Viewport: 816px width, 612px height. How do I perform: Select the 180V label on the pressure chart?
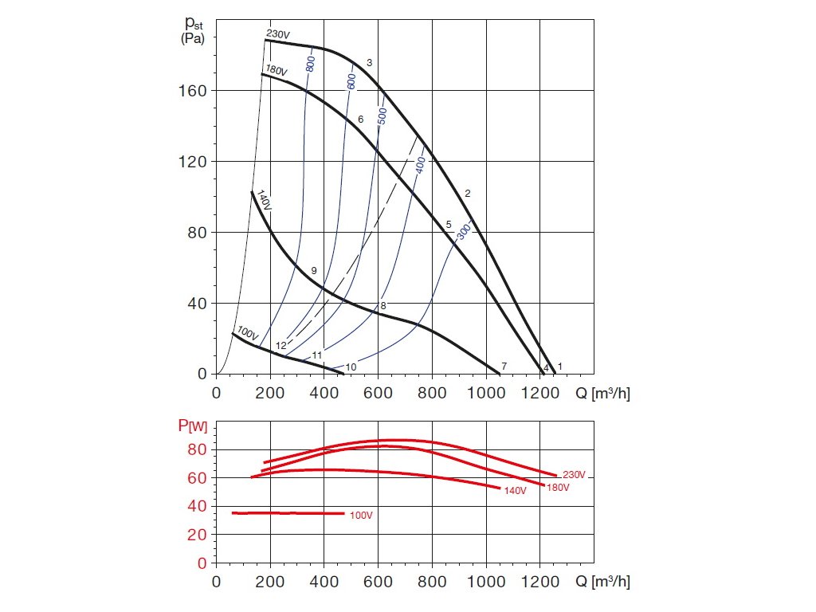pos(276,70)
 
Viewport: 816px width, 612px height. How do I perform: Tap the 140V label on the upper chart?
pos(263,200)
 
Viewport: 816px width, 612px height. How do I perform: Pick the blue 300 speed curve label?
pos(463,230)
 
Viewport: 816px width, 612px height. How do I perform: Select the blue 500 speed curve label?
pos(382,116)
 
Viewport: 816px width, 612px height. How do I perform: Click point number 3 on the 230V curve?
pos(369,62)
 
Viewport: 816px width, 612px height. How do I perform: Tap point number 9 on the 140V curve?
pos(314,271)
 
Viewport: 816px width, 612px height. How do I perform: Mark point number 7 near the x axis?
pos(504,365)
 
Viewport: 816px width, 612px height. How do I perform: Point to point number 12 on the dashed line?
pos(280,346)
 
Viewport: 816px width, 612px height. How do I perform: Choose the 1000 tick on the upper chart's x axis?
pos(486,393)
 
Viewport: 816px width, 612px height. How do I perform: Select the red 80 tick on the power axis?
pos(198,449)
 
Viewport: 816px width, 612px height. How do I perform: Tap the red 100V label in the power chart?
pos(361,516)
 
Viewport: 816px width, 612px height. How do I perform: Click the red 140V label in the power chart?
pos(515,490)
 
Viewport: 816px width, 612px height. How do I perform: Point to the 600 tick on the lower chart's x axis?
pos(378,582)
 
